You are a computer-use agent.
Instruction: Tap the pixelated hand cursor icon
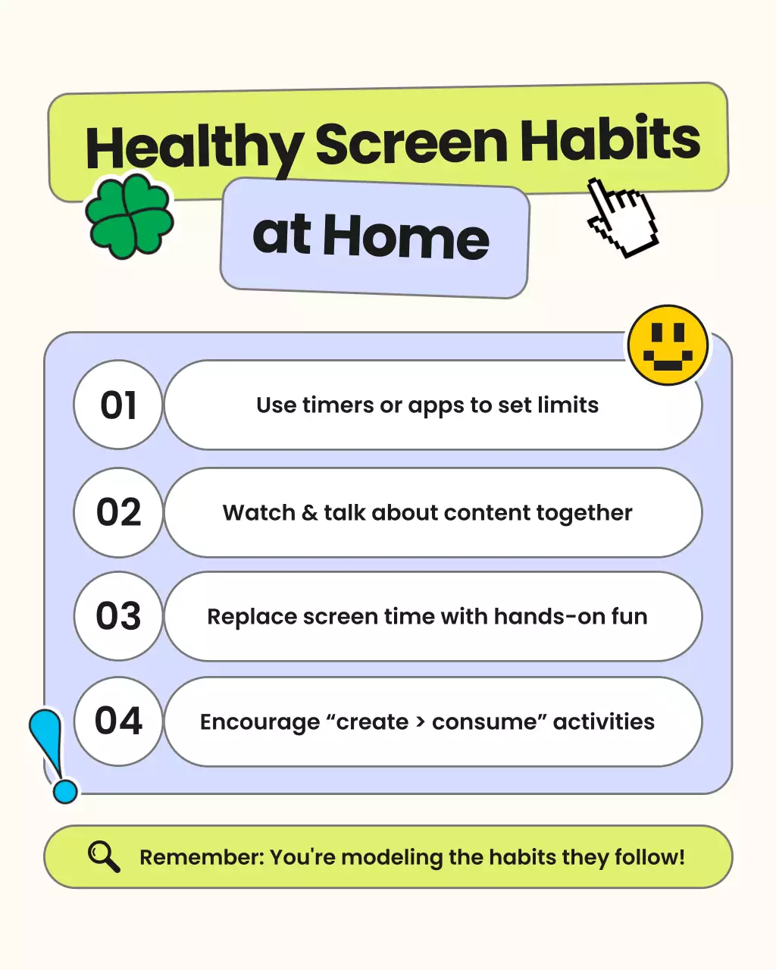[621, 217]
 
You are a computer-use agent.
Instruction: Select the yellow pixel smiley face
[668, 346]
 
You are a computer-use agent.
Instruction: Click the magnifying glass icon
[104, 856]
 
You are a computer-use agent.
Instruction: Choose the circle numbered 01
[118, 405]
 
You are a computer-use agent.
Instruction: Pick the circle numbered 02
[118, 512]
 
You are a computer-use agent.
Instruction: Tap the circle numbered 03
[118, 616]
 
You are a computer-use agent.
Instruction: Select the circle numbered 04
[118, 721]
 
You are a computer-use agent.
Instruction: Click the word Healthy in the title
[194, 149]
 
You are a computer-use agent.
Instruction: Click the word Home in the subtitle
[406, 237]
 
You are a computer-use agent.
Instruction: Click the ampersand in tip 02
[309, 513]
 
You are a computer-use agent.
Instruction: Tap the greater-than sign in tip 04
[420, 722]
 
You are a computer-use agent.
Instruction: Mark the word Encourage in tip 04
[260, 722]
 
